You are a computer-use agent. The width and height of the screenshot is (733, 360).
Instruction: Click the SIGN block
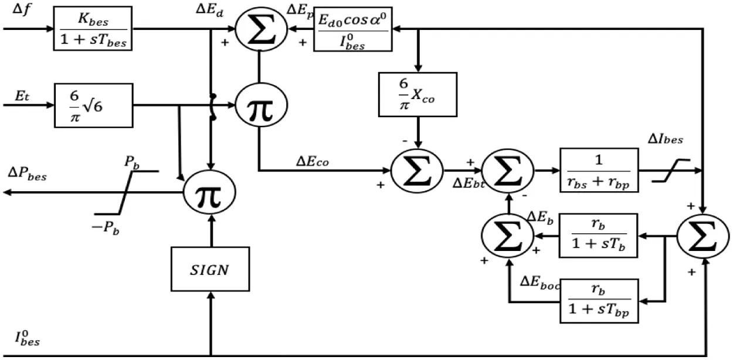coord(210,269)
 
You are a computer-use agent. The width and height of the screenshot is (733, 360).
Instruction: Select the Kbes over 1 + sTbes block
coord(93,29)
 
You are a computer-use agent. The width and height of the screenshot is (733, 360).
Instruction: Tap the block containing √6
coord(94,106)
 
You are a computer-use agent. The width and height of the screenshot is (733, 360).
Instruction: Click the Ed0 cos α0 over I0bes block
coord(353,29)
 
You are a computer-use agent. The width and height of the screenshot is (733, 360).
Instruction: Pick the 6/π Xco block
coord(418,94)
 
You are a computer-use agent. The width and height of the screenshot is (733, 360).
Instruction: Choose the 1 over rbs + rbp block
coord(599,170)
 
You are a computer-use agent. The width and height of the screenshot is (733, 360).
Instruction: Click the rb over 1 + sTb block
coord(599,236)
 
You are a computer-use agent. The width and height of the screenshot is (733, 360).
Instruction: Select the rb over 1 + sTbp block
coord(599,301)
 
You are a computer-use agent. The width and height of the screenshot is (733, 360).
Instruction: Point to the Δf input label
coord(22,9)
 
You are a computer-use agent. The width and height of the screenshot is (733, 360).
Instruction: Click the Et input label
coord(22,96)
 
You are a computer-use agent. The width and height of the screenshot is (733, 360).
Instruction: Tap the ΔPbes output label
coord(28,174)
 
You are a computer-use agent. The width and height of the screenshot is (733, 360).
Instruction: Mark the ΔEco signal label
coord(313,162)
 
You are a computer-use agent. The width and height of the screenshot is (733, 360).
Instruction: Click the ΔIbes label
coord(666,140)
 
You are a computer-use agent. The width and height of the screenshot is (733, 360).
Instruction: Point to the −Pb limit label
coord(106,227)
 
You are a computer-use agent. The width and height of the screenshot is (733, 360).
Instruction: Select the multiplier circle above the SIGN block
coord(209,192)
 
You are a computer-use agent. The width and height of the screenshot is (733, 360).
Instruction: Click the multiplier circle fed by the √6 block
coord(261,105)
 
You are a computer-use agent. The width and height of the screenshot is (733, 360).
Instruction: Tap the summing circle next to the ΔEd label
coord(261,29)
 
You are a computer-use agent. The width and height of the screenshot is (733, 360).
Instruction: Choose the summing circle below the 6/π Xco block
coord(417,171)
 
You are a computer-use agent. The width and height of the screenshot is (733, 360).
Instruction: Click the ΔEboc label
coord(539,282)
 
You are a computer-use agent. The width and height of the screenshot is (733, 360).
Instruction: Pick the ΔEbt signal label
coord(469,184)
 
